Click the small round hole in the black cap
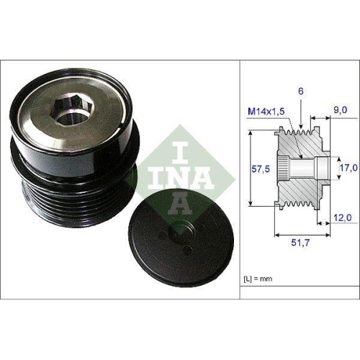pyautogui.click(x=186, y=250)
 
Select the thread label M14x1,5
pyautogui.click(x=266, y=112)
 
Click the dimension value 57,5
pyautogui.click(x=261, y=169)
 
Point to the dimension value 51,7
pyautogui.click(x=300, y=243)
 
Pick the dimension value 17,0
pyautogui.click(x=348, y=167)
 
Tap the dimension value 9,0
pyautogui.click(x=341, y=109)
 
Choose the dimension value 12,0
pyautogui.click(x=343, y=218)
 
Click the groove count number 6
pyautogui.click(x=301, y=91)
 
